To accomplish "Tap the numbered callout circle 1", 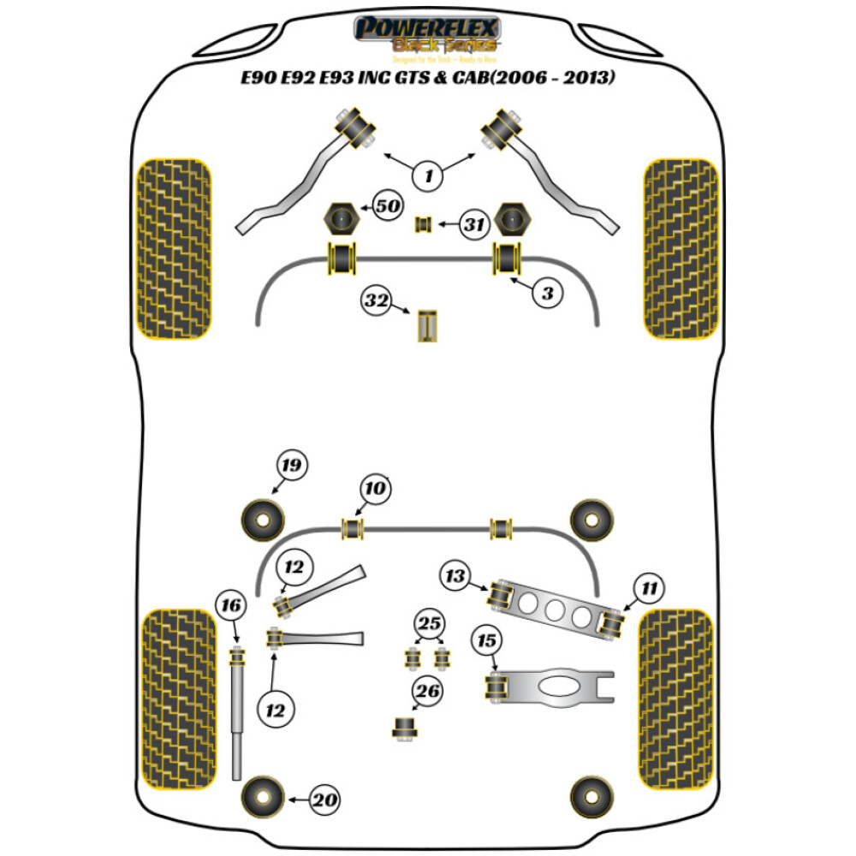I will click(x=428, y=177).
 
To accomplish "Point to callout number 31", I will click(x=471, y=226).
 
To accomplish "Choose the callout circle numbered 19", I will click(x=291, y=466).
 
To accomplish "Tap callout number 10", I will click(x=376, y=489).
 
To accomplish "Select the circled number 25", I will click(x=428, y=623).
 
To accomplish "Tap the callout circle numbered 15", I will click(x=488, y=640).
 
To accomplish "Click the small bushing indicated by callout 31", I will click(x=422, y=225).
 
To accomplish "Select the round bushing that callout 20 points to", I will click(x=261, y=799).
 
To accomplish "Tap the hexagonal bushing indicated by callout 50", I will click(x=341, y=219).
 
